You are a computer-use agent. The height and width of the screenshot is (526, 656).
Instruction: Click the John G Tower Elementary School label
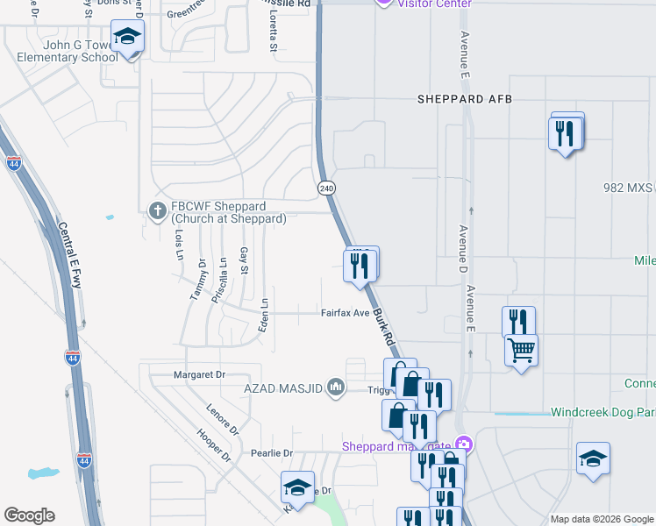[x=66, y=51]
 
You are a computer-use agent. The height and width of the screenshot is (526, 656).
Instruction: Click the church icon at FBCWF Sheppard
[x=157, y=210]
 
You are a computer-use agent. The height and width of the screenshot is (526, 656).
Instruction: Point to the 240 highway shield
[x=326, y=188]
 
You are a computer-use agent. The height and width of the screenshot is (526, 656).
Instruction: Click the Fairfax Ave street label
[x=345, y=312]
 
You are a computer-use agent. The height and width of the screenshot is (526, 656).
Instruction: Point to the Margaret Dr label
[x=201, y=374]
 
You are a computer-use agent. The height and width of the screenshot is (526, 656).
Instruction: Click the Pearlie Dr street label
[x=269, y=452]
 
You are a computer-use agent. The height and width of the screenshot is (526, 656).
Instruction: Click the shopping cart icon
[x=521, y=350]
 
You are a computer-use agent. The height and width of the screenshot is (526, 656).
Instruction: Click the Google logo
[x=29, y=515]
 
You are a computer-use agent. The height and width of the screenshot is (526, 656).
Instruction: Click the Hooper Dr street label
[x=213, y=445]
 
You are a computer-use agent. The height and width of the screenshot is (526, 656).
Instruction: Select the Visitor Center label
[x=434, y=4]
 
